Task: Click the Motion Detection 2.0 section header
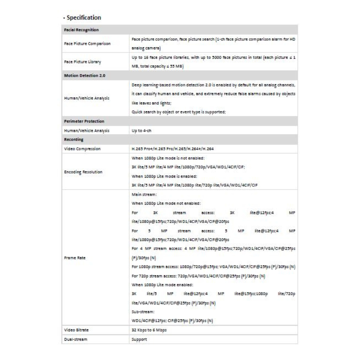[x=85, y=76]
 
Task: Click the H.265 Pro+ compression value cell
[x=173, y=149]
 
